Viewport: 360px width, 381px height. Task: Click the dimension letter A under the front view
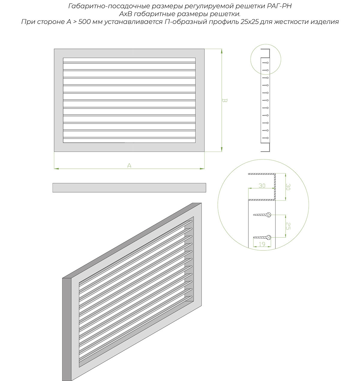click(129, 165)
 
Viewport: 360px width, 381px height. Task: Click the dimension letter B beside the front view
click(224, 100)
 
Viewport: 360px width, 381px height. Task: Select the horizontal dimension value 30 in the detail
click(262, 186)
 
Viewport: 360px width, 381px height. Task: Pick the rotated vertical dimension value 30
click(288, 187)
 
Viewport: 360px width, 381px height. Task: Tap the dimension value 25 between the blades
click(288, 226)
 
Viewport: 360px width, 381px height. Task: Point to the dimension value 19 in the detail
click(262, 244)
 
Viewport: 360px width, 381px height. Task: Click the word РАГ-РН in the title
click(279, 6)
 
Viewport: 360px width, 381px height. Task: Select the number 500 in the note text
click(84, 22)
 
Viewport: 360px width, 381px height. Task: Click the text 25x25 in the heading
click(249, 22)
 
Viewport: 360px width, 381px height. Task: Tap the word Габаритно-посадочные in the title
click(109, 6)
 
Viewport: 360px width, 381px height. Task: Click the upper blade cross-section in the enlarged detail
click(262, 215)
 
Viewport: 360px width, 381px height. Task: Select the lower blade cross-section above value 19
click(262, 237)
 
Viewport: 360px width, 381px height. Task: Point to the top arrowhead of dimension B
click(221, 51)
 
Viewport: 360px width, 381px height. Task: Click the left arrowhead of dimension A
click(56, 169)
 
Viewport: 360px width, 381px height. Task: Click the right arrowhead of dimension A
click(202, 169)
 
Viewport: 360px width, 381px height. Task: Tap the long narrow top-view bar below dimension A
click(129, 188)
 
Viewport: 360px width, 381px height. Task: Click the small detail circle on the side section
click(265, 44)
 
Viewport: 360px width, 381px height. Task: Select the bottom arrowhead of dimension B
click(221, 149)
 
